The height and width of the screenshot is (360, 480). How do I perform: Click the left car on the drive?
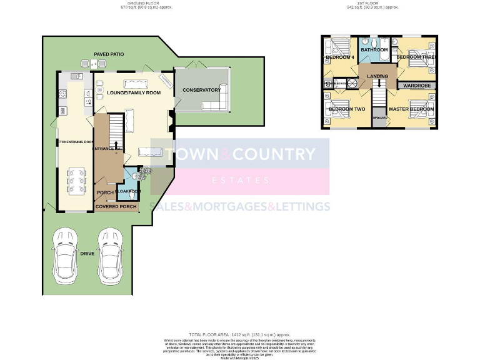tap(66, 255)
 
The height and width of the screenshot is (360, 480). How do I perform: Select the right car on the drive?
tap(110, 255)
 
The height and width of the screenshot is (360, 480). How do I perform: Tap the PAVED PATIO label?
tap(109, 54)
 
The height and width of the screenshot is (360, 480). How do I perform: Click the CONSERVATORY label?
tap(201, 90)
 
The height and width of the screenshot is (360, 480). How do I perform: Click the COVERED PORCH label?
tap(116, 207)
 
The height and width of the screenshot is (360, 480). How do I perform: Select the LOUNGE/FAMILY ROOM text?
tap(133, 92)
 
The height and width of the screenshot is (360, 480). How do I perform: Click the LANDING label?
tap(377, 76)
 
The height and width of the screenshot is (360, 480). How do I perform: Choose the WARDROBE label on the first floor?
tap(416, 85)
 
